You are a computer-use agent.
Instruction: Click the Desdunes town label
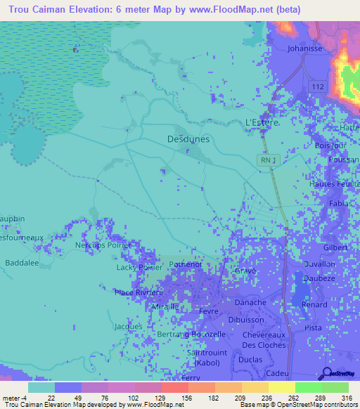[x=188, y=139]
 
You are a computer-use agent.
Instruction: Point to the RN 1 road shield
[x=266, y=160]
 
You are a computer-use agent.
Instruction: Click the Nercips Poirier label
[x=102, y=245]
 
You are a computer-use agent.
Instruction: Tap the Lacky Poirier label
[x=139, y=268]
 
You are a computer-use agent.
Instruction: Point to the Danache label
[x=250, y=302]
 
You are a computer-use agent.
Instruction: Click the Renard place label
[x=314, y=304]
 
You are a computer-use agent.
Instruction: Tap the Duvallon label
[x=319, y=264]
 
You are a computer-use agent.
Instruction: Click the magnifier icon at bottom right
[x=328, y=374]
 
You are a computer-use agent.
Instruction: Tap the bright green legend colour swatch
[x=308, y=387]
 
